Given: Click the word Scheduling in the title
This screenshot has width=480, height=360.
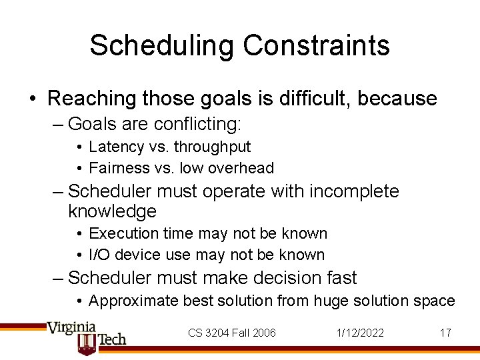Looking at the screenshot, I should (162, 45).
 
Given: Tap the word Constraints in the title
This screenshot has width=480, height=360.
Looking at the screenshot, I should (316, 45).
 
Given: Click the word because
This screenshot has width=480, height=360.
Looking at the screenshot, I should (397, 99).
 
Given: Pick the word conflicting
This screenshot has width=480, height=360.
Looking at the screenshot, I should (197, 124).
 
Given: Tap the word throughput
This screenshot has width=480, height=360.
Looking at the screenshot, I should (211, 147).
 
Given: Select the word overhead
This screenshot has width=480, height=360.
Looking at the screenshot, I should (241, 168).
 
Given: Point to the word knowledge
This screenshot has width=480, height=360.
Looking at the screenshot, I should (112, 212).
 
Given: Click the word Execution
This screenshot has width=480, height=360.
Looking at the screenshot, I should (122, 233).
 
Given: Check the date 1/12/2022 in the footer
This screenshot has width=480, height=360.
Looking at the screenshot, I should (361, 333).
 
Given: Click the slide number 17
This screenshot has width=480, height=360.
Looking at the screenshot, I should (445, 333).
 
